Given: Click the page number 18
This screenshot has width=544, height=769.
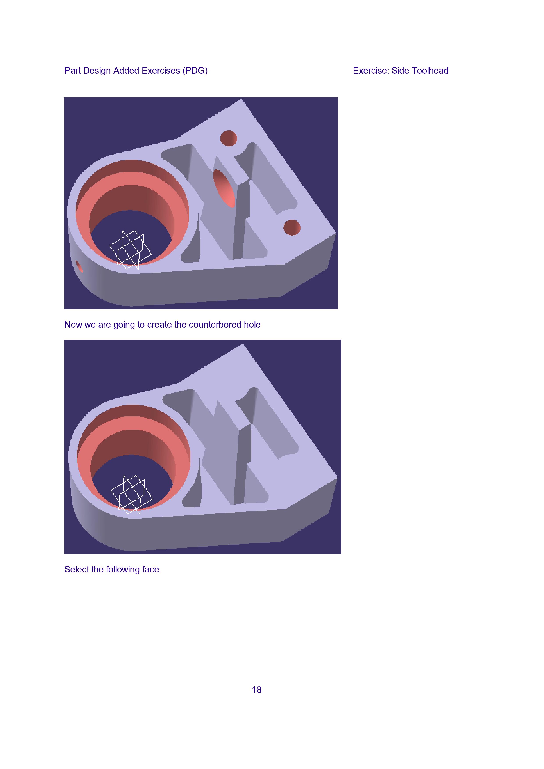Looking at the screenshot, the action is click(256, 690).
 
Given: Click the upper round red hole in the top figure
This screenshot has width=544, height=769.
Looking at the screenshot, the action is click(229, 138).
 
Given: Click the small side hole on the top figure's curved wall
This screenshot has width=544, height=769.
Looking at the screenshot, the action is click(79, 267).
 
